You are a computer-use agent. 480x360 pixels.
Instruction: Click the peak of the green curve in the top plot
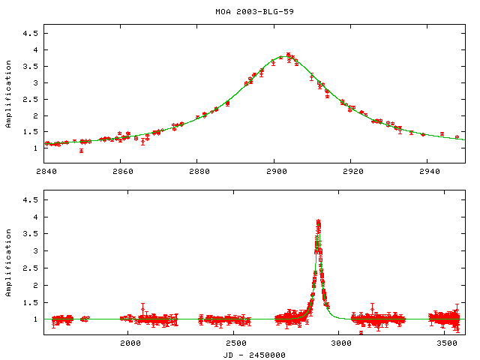coord(288,55)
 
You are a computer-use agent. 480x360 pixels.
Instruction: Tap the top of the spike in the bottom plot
coord(318,221)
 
